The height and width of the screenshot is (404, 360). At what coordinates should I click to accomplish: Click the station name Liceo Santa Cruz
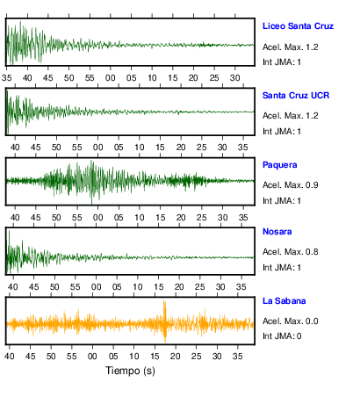[x=298, y=26]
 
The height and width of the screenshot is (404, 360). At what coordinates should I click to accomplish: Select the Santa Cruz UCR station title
[x=296, y=96]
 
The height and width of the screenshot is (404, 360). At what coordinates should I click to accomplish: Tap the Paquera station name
[x=280, y=165]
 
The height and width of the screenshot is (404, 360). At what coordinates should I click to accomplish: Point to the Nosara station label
[x=277, y=232]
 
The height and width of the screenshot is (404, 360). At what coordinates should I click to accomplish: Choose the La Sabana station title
[x=284, y=301]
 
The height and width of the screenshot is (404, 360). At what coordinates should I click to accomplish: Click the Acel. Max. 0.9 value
[x=291, y=185]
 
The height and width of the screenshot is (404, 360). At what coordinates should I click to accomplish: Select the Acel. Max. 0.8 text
[x=291, y=252]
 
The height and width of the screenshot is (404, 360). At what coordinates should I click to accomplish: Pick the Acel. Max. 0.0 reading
[x=291, y=321]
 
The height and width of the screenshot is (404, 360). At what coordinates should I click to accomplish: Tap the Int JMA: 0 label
[x=282, y=335]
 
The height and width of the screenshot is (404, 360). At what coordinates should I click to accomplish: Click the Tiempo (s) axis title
[x=130, y=371]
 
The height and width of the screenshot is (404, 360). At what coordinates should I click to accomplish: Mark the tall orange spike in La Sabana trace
[x=165, y=321]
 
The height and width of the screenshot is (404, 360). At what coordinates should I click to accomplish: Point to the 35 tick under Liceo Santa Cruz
[x=7, y=78]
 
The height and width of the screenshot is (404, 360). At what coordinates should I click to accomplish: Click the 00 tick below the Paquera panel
[x=97, y=218]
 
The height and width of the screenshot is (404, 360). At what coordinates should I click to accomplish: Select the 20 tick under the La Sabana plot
[x=176, y=357]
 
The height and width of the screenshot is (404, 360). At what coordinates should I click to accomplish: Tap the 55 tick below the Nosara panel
[x=76, y=287]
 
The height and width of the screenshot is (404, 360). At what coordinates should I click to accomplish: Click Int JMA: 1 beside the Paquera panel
[x=282, y=201]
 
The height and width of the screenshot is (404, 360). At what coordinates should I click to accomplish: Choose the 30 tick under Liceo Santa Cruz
[x=235, y=78]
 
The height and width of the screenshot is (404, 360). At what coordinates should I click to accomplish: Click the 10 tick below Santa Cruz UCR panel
[x=140, y=148]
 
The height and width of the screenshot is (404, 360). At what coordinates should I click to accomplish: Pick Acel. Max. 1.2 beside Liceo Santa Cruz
[x=291, y=47]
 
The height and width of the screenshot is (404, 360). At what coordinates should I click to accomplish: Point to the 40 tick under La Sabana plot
[x=10, y=357]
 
